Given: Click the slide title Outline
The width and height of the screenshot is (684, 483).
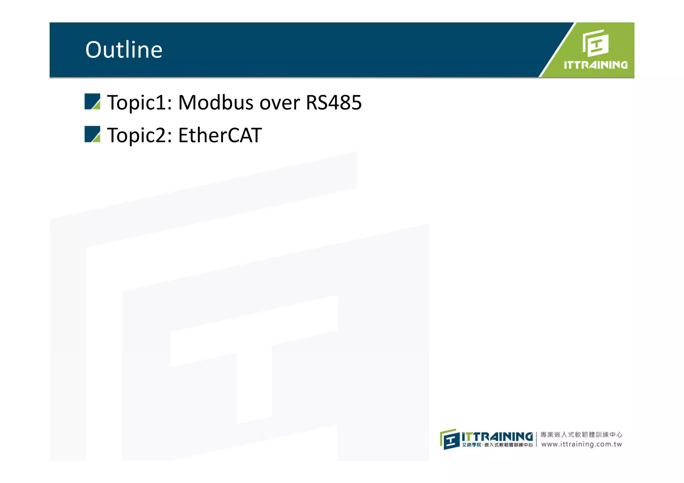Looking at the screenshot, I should click(124, 50).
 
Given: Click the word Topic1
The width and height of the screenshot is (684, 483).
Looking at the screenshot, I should click(139, 102).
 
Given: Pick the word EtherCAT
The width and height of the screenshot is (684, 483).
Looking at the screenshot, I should click(220, 135).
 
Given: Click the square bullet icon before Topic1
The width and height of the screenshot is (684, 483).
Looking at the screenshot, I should click(92, 101).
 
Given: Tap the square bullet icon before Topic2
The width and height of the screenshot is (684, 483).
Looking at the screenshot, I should click(92, 134).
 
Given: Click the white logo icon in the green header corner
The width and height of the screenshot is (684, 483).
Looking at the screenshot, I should click(595, 43).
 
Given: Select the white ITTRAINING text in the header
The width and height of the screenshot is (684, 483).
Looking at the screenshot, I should click(595, 65).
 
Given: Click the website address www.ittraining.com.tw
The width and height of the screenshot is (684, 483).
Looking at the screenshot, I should click(581, 444).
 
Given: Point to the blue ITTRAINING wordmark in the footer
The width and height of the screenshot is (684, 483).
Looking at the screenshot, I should click(497, 437).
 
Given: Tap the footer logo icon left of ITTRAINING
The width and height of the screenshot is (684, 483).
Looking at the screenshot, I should click(449, 439).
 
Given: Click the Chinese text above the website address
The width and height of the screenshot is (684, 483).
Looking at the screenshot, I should click(581, 434).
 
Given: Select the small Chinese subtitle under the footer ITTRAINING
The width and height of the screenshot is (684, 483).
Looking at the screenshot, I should click(497, 445).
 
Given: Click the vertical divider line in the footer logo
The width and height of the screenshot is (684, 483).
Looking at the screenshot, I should click(536, 439).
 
